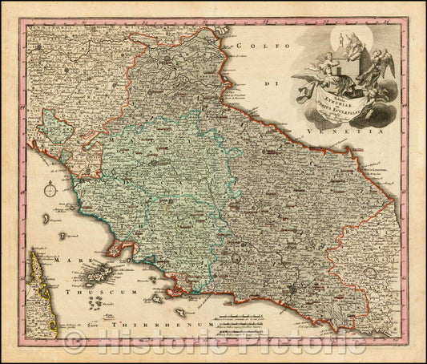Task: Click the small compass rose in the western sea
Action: point(50,191)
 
